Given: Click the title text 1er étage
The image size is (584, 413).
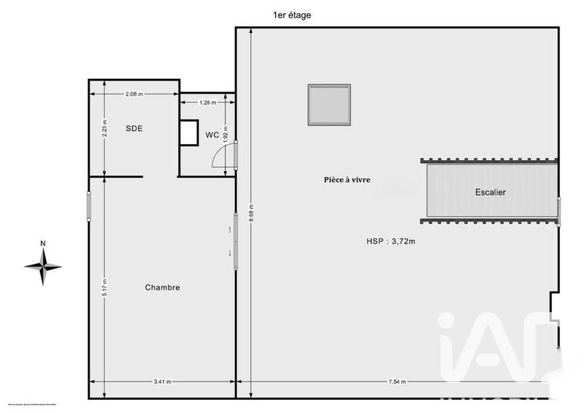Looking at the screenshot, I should coord(292,15).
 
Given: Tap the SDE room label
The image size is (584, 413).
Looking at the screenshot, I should coord(134,129).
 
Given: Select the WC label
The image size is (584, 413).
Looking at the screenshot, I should coord(212,135).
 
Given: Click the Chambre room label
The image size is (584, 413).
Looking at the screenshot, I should coord(162,287).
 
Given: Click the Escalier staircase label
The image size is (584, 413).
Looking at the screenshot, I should coord(490,192).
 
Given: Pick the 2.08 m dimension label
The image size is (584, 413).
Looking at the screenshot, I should coord(134,94).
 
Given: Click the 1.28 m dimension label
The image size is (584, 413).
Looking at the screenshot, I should coord(208,103).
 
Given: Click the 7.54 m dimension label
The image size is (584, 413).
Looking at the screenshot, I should coord(398,382).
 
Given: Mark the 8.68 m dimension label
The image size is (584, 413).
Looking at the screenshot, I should coord(250,212).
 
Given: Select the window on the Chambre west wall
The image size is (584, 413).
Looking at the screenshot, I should coord(89,205).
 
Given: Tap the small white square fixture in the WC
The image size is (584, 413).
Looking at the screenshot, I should coord(189,132).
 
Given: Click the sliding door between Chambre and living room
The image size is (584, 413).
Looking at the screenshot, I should coord(236,241).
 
